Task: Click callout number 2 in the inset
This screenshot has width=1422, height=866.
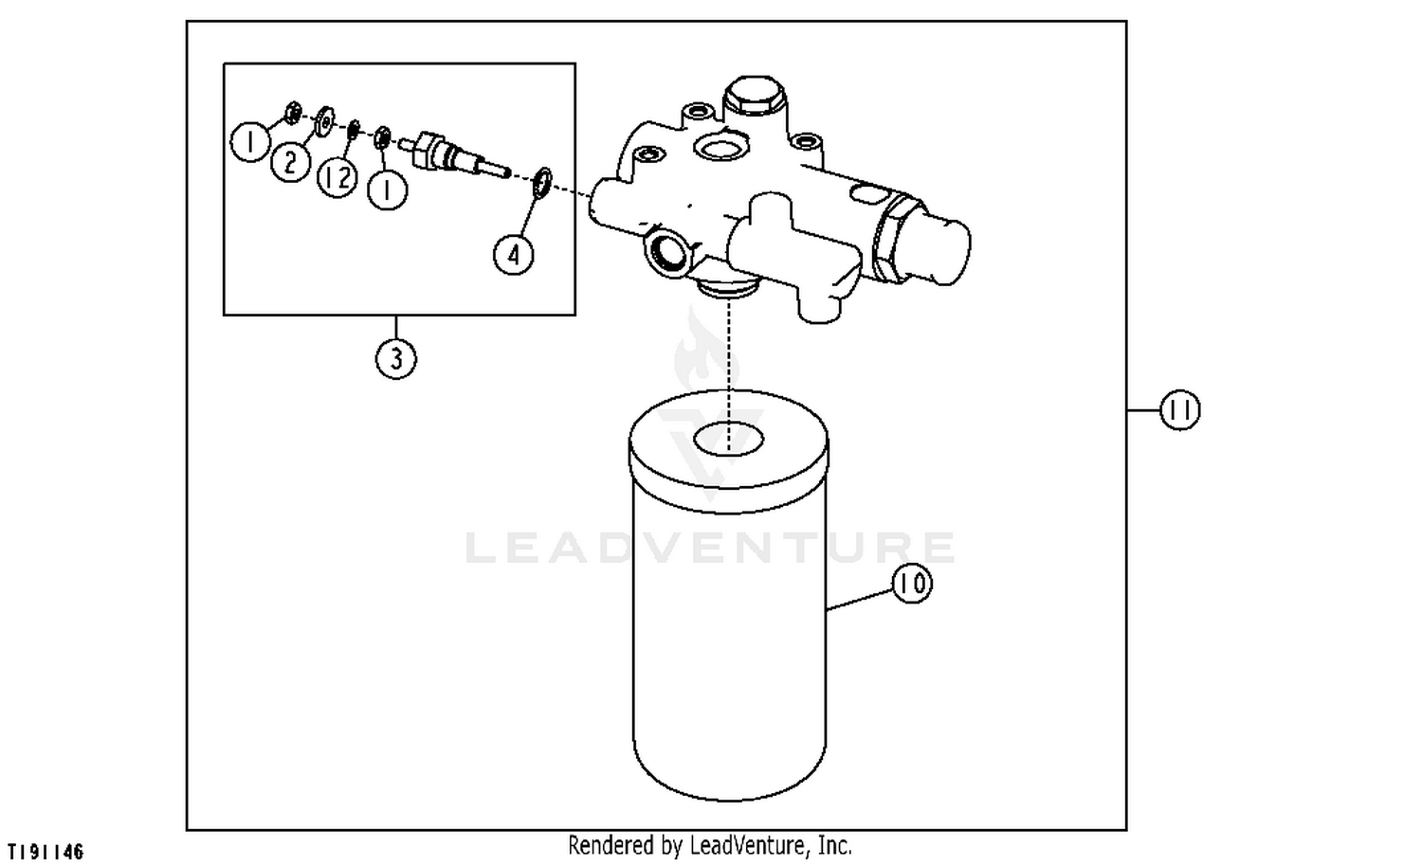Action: pyautogui.click(x=290, y=162)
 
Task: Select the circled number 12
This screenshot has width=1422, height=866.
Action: pyautogui.click(x=337, y=177)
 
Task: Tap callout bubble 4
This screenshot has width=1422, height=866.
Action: pyautogui.click(x=514, y=255)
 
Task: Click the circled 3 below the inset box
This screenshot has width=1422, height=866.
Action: pyautogui.click(x=396, y=359)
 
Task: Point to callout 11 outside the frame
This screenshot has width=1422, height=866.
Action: pyautogui.click(x=1180, y=410)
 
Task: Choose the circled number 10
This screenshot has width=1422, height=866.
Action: pyautogui.click(x=912, y=583)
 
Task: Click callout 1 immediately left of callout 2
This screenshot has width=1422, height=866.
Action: pyautogui.click(x=250, y=142)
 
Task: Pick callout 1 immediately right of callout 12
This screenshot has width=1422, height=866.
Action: pyautogui.click(x=387, y=189)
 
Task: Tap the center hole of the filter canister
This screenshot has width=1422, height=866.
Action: pyautogui.click(x=729, y=439)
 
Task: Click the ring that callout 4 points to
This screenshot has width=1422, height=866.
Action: pyautogui.click(x=541, y=183)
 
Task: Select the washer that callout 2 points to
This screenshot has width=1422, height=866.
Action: pyautogui.click(x=324, y=120)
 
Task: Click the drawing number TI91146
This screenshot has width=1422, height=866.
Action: pyautogui.click(x=46, y=851)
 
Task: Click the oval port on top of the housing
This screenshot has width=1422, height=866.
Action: pyautogui.click(x=721, y=146)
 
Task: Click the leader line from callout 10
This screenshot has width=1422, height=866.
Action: pyautogui.click(x=860, y=600)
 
